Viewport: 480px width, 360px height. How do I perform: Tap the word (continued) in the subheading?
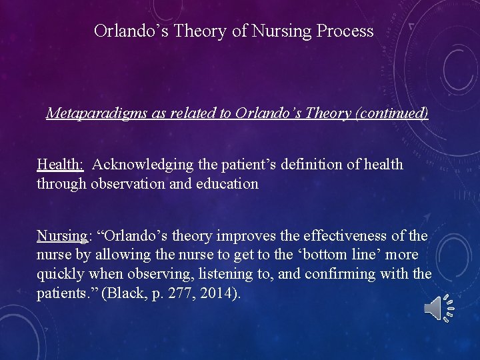(x=391, y=113)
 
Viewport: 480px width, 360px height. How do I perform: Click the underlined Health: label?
(x=60, y=164)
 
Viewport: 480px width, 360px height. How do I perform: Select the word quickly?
(x=61, y=274)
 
